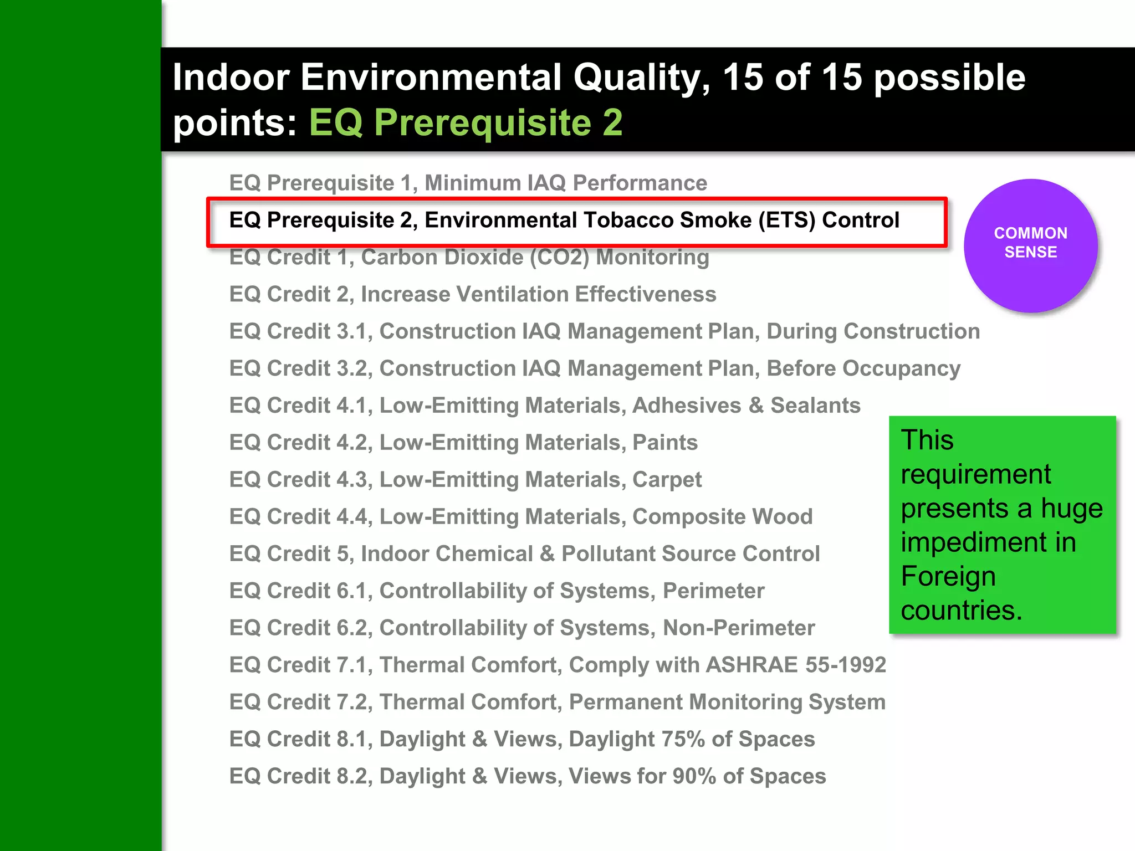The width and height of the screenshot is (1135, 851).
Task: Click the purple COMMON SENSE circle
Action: [x=1031, y=245]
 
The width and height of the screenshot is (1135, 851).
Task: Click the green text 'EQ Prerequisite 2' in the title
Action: [x=466, y=122]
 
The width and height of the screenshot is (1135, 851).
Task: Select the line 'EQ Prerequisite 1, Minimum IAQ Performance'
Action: [x=468, y=183]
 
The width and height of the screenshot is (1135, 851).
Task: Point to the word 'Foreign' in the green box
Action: [x=948, y=576]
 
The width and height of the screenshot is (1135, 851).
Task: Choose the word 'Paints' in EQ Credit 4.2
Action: [x=664, y=443]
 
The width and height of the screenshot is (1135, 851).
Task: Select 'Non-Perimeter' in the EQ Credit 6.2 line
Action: [x=739, y=628]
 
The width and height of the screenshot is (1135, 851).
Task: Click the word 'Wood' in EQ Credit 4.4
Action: [x=782, y=517]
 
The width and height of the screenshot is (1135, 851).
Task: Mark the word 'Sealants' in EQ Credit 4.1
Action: [x=815, y=406]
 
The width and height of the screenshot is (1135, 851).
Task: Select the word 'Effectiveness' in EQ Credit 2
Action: [x=646, y=295]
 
